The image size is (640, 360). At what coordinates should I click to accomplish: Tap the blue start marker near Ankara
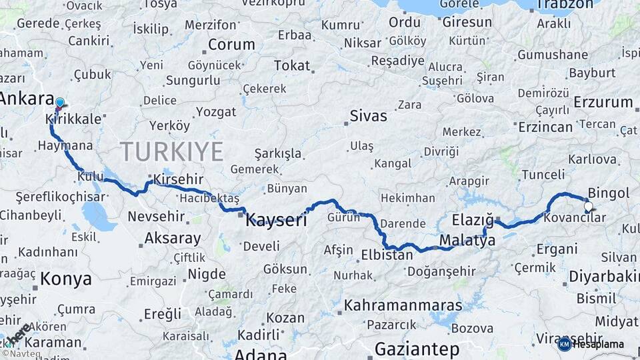pos(59,103)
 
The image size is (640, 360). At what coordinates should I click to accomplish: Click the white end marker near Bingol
pos(588,206)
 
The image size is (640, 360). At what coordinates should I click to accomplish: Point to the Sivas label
pos(368,116)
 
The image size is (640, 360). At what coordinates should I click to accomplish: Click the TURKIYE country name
pos(171,152)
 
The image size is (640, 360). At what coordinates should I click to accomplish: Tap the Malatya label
pos(467,240)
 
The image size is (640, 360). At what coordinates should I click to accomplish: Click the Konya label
pos(66,279)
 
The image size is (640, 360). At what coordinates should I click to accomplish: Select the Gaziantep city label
pos(417,349)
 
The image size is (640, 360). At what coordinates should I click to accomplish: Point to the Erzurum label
pos(603,102)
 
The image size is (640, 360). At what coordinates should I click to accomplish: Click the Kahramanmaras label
pos(403,305)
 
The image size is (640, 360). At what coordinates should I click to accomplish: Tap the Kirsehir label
pos(177,179)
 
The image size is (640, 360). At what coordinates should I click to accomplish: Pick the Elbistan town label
pos(387,255)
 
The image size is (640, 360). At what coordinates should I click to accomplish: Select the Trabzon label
pos(564,5)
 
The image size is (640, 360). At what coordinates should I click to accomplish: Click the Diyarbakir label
pos(604,277)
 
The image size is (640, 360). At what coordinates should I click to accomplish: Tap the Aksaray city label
pos(172,238)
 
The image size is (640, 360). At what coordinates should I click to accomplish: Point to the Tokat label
pos(292,65)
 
